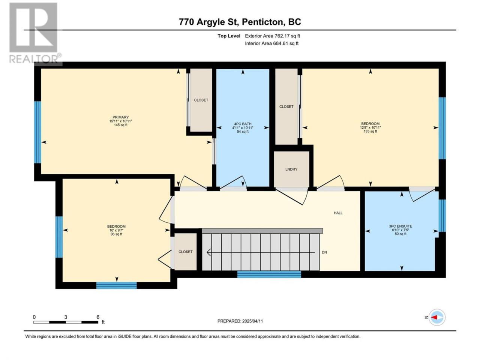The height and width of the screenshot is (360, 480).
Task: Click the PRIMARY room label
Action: (x=120, y=117)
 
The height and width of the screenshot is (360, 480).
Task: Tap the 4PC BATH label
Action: (x=243, y=124)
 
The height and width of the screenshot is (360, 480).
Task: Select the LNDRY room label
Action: (x=291, y=169)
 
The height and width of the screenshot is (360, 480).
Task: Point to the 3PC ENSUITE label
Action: (x=400, y=226)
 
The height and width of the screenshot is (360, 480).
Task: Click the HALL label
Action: (x=338, y=213)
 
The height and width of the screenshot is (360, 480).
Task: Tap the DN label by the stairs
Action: (x=324, y=252)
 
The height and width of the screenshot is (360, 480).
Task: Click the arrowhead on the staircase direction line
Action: (x=209, y=252)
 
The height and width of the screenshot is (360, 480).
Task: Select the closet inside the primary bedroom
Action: (x=201, y=100)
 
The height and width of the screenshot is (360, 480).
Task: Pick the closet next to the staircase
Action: (x=186, y=252)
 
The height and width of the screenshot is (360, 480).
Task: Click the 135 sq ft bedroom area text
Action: (x=370, y=131)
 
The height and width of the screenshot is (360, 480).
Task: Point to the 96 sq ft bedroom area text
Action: (x=116, y=234)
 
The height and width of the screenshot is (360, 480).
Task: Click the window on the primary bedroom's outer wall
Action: (x=37, y=132)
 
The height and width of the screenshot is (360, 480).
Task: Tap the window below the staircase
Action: (x=269, y=274)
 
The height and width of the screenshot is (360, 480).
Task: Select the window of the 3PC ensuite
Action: (x=442, y=216)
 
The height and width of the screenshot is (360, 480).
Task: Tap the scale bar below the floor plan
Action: (x=66, y=322)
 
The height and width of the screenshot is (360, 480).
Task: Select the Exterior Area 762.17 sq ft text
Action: (x=273, y=36)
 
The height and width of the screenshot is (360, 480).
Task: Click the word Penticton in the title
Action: (x=262, y=22)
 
